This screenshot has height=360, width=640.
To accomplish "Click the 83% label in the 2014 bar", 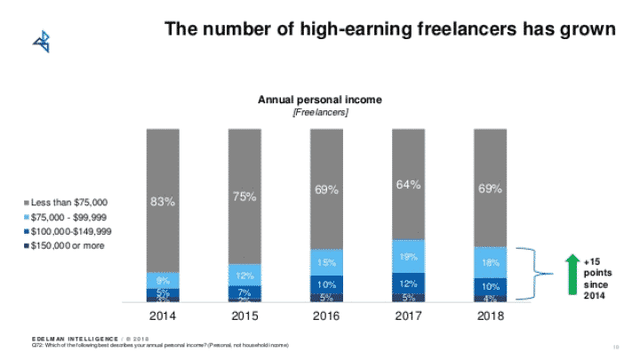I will [163, 201].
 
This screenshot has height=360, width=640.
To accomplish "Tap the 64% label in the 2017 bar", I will [408, 184].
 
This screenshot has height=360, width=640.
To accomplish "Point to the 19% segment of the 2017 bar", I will [408, 256].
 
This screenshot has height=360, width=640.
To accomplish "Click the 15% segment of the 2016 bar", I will [326, 262].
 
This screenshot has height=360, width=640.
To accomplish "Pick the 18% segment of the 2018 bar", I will [490, 262].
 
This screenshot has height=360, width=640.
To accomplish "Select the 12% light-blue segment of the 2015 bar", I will [244, 275].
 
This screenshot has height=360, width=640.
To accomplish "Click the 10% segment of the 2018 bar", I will [490, 286].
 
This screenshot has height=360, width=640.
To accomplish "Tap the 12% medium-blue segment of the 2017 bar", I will [408, 284].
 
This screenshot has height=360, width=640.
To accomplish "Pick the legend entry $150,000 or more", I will [64, 244].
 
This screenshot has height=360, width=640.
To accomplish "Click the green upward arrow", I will [572, 275].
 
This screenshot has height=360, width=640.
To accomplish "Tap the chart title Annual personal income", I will [319, 100].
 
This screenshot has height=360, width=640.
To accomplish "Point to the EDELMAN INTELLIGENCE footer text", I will [71, 339].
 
